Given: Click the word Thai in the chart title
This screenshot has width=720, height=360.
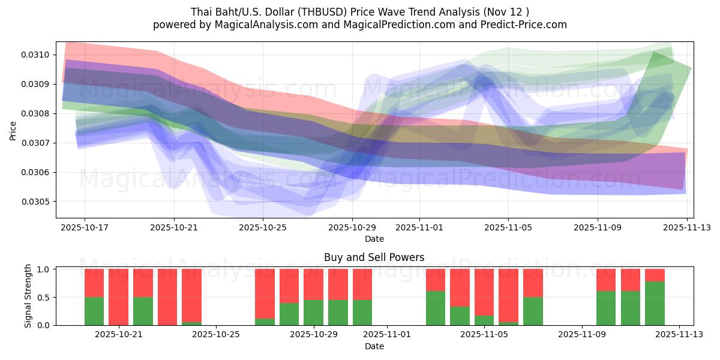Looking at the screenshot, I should pyautogui.click(x=201, y=11).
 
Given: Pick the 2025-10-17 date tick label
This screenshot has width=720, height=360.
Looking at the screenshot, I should pyautogui.click(x=84, y=227).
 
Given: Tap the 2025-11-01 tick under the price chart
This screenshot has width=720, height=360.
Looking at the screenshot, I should pyautogui.click(x=419, y=227).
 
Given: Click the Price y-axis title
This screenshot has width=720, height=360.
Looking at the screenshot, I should pyautogui.click(x=13, y=130).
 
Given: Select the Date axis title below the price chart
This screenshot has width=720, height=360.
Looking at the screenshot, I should pyautogui.click(x=374, y=239).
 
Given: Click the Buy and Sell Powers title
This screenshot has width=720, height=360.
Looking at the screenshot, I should pyautogui.click(x=374, y=257).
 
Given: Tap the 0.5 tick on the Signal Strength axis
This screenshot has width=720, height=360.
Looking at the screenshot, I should pyautogui.click(x=44, y=297).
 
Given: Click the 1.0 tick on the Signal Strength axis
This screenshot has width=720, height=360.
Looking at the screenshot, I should pyautogui.click(x=44, y=269).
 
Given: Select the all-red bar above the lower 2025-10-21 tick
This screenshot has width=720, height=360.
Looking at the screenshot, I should pyautogui.click(x=119, y=297).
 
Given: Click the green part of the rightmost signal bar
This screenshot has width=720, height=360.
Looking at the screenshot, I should pyautogui.click(x=655, y=304).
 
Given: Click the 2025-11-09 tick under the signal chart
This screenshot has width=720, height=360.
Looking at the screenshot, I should pyautogui.click(x=582, y=335).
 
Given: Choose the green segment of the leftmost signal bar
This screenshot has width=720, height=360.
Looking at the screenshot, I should pyautogui.click(x=94, y=311).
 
